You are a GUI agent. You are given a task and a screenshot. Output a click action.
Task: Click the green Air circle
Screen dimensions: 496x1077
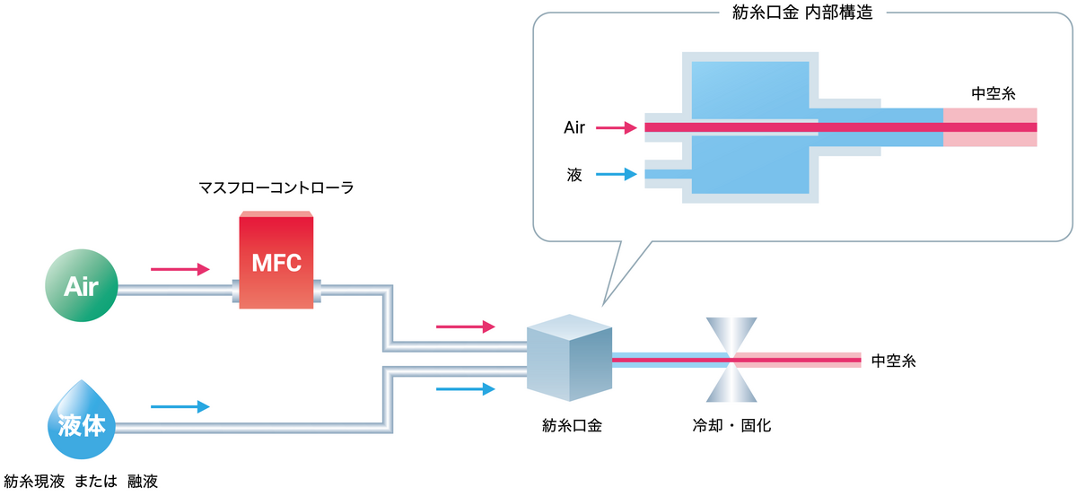pyautogui.click(x=80, y=286)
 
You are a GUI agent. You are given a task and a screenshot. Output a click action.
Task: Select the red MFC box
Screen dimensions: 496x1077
pyautogui.click(x=276, y=261)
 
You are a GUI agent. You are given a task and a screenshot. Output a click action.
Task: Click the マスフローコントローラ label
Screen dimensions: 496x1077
pyautogui.click(x=276, y=188)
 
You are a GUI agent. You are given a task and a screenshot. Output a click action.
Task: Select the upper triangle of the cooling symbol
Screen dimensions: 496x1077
pyautogui.click(x=732, y=336)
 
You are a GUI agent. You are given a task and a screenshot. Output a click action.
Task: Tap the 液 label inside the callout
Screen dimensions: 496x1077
pyautogui.click(x=575, y=174)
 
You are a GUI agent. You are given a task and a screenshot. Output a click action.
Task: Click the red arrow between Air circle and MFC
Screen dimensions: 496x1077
pyautogui.click(x=179, y=269)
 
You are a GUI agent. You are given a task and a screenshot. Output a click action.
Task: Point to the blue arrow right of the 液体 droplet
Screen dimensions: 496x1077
pyautogui.click(x=179, y=406)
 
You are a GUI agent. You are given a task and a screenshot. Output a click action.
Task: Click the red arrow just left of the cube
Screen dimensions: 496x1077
pyautogui.click(x=465, y=326)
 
